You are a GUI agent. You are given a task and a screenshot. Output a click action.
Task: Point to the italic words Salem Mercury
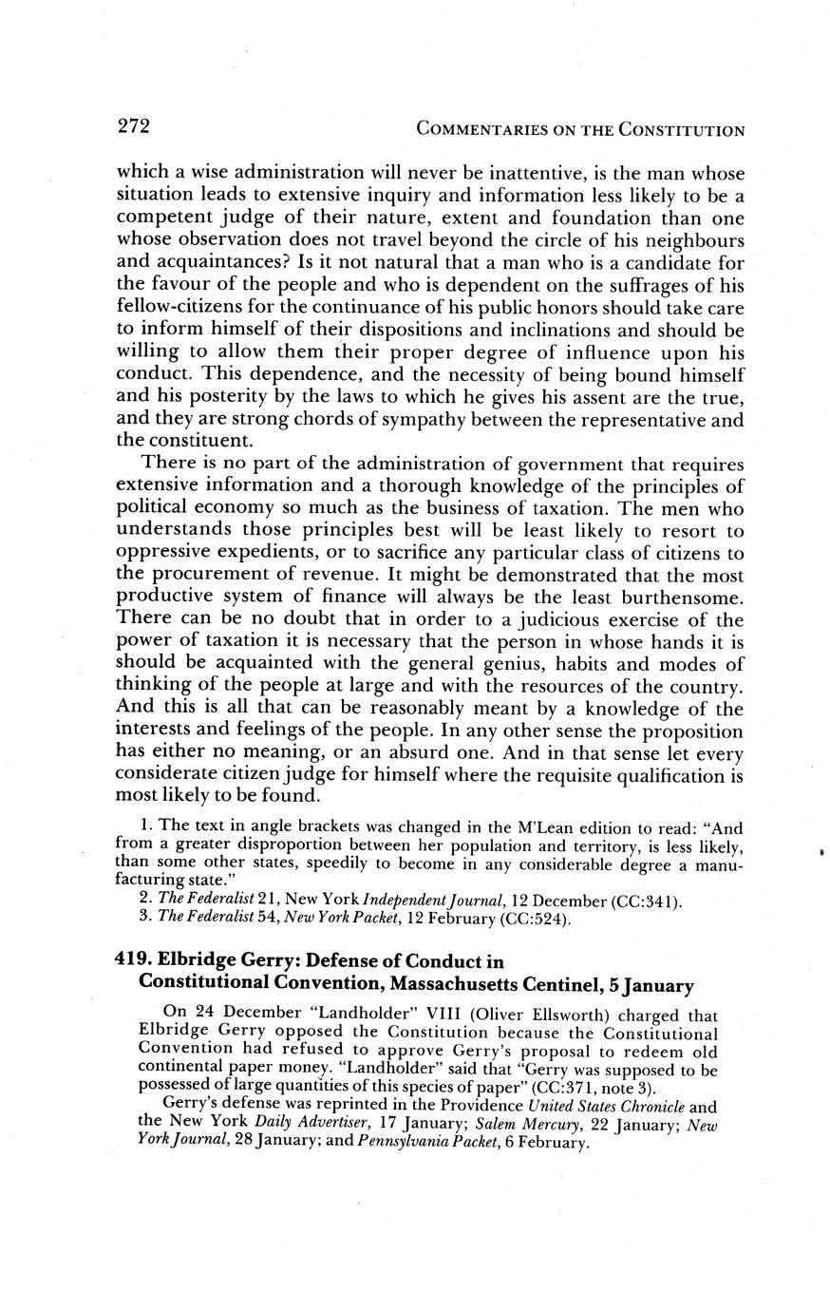[x=528, y=1125]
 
